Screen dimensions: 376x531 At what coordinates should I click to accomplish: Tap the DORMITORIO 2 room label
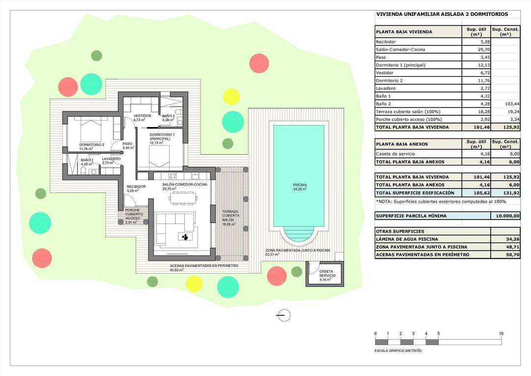pyautogui.click(x=92, y=145)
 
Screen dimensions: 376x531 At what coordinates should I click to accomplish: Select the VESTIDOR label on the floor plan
pyautogui.click(x=142, y=116)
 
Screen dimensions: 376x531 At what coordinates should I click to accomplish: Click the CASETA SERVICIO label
pyautogui.click(x=327, y=274)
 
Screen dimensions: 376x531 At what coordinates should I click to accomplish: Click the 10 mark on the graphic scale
pyautogui.click(x=501, y=334)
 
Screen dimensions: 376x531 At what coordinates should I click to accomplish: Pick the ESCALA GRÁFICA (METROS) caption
pyautogui.click(x=398, y=350)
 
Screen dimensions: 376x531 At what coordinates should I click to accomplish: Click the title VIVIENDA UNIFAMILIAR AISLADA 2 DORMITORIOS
pyautogui.click(x=442, y=14)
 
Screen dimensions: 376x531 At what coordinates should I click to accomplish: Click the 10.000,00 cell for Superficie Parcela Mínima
pyautogui.click(x=505, y=216)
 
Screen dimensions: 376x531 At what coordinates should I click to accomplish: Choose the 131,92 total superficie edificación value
pyautogui.click(x=505, y=192)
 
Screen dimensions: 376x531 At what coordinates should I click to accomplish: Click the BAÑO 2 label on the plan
pyautogui.click(x=168, y=116)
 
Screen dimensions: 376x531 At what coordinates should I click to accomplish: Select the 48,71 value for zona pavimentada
pyautogui.click(x=505, y=247)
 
